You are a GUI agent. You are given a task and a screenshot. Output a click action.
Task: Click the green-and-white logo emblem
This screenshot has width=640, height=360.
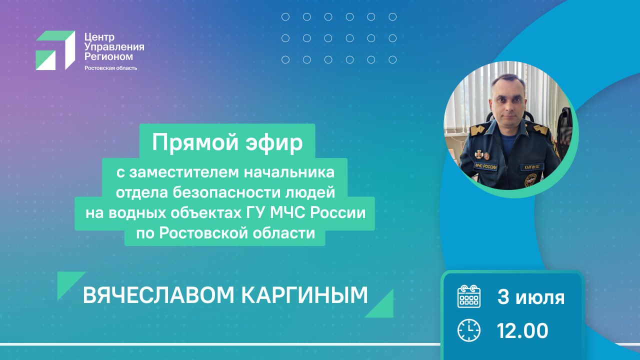tap(55, 50)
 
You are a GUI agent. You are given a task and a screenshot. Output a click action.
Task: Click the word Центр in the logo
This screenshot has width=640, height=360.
tap(99, 37)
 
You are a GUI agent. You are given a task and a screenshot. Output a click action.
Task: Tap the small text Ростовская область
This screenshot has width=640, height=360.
tap(111, 68)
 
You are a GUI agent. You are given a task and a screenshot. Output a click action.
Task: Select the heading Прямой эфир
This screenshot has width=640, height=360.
tap(227, 142)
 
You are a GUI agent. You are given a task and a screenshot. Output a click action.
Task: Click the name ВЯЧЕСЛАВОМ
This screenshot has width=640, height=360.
tap(158, 295)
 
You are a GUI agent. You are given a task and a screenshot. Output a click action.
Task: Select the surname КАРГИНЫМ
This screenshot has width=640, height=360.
tap(305, 295)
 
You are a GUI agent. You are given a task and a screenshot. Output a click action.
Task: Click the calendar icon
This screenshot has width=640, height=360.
tap(469, 296)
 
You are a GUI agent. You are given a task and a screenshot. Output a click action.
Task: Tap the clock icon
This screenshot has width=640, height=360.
tap(469, 330)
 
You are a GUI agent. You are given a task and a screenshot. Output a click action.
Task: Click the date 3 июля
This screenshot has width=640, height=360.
tap(531, 297)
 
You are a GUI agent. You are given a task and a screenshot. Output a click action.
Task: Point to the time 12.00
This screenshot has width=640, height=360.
tap(522, 331)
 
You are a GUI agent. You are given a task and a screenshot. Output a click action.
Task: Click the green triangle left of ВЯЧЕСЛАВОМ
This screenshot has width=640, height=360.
tap(68, 283)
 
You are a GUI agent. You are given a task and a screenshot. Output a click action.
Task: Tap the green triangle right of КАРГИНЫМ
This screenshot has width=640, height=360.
tap(381, 306)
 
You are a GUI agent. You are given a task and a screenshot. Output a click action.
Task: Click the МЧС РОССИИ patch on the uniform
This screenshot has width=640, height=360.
tap(485, 166)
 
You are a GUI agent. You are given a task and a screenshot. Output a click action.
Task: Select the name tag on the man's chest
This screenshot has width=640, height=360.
tap(531, 167)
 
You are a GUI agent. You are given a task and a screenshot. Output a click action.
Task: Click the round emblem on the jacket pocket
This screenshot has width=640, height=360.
tap(530, 180)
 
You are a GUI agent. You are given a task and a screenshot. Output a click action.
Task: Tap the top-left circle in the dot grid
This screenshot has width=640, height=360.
tap(285, 17)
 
